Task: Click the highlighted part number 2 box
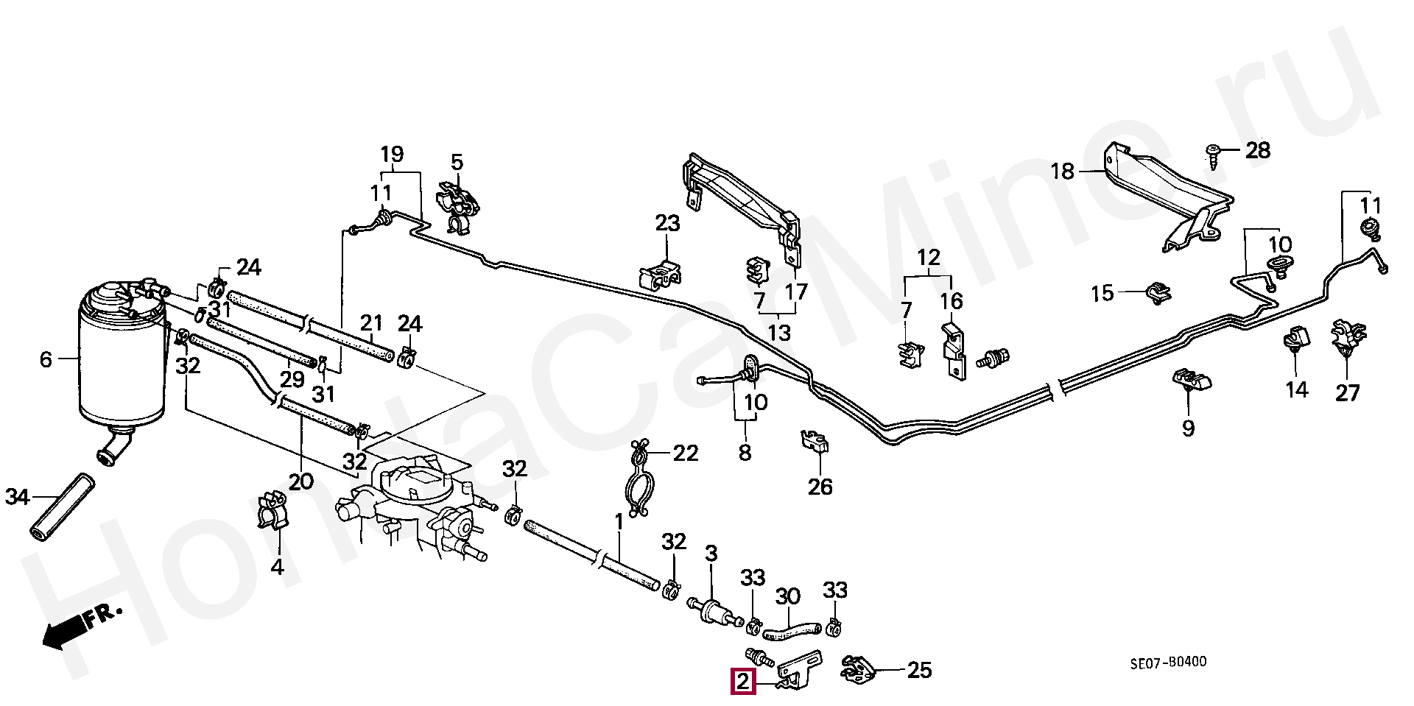pyautogui.click(x=743, y=682)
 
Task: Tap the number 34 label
pyautogui.click(x=17, y=497)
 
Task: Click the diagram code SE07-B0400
pyautogui.click(x=1168, y=662)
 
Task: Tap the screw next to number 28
pyautogui.click(x=1214, y=154)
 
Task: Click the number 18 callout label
pyautogui.click(x=1062, y=172)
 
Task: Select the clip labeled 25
pyautogui.click(x=857, y=668)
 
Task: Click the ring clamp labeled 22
pyautogui.click(x=640, y=482)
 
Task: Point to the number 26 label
pyautogui.click(x=820, y=486)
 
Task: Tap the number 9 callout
pyautogui.click(x=1188, y=428)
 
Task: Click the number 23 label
pyautogui.click(x=667, y=222)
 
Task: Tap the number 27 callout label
pyautogui.click(x=1347, y=392)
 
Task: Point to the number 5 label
pyautogui.click(x=457, y=162)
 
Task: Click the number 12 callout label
pyautogui.click(x=929, y=258)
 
